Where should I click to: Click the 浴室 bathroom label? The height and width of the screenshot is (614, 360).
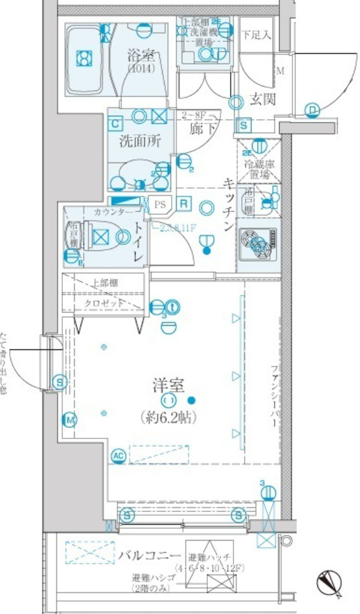(140, 56)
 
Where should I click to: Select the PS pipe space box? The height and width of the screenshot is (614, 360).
(160, 204)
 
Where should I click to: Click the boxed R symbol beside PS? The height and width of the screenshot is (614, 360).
(184, 204)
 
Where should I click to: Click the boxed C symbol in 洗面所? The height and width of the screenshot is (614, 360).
(115, 123)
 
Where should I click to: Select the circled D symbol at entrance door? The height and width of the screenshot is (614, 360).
(313, 109)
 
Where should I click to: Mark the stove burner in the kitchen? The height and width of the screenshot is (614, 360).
(257, 243)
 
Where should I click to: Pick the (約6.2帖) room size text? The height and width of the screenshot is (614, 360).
(169, 417)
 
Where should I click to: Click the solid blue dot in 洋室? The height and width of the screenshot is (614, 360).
(191, 400)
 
